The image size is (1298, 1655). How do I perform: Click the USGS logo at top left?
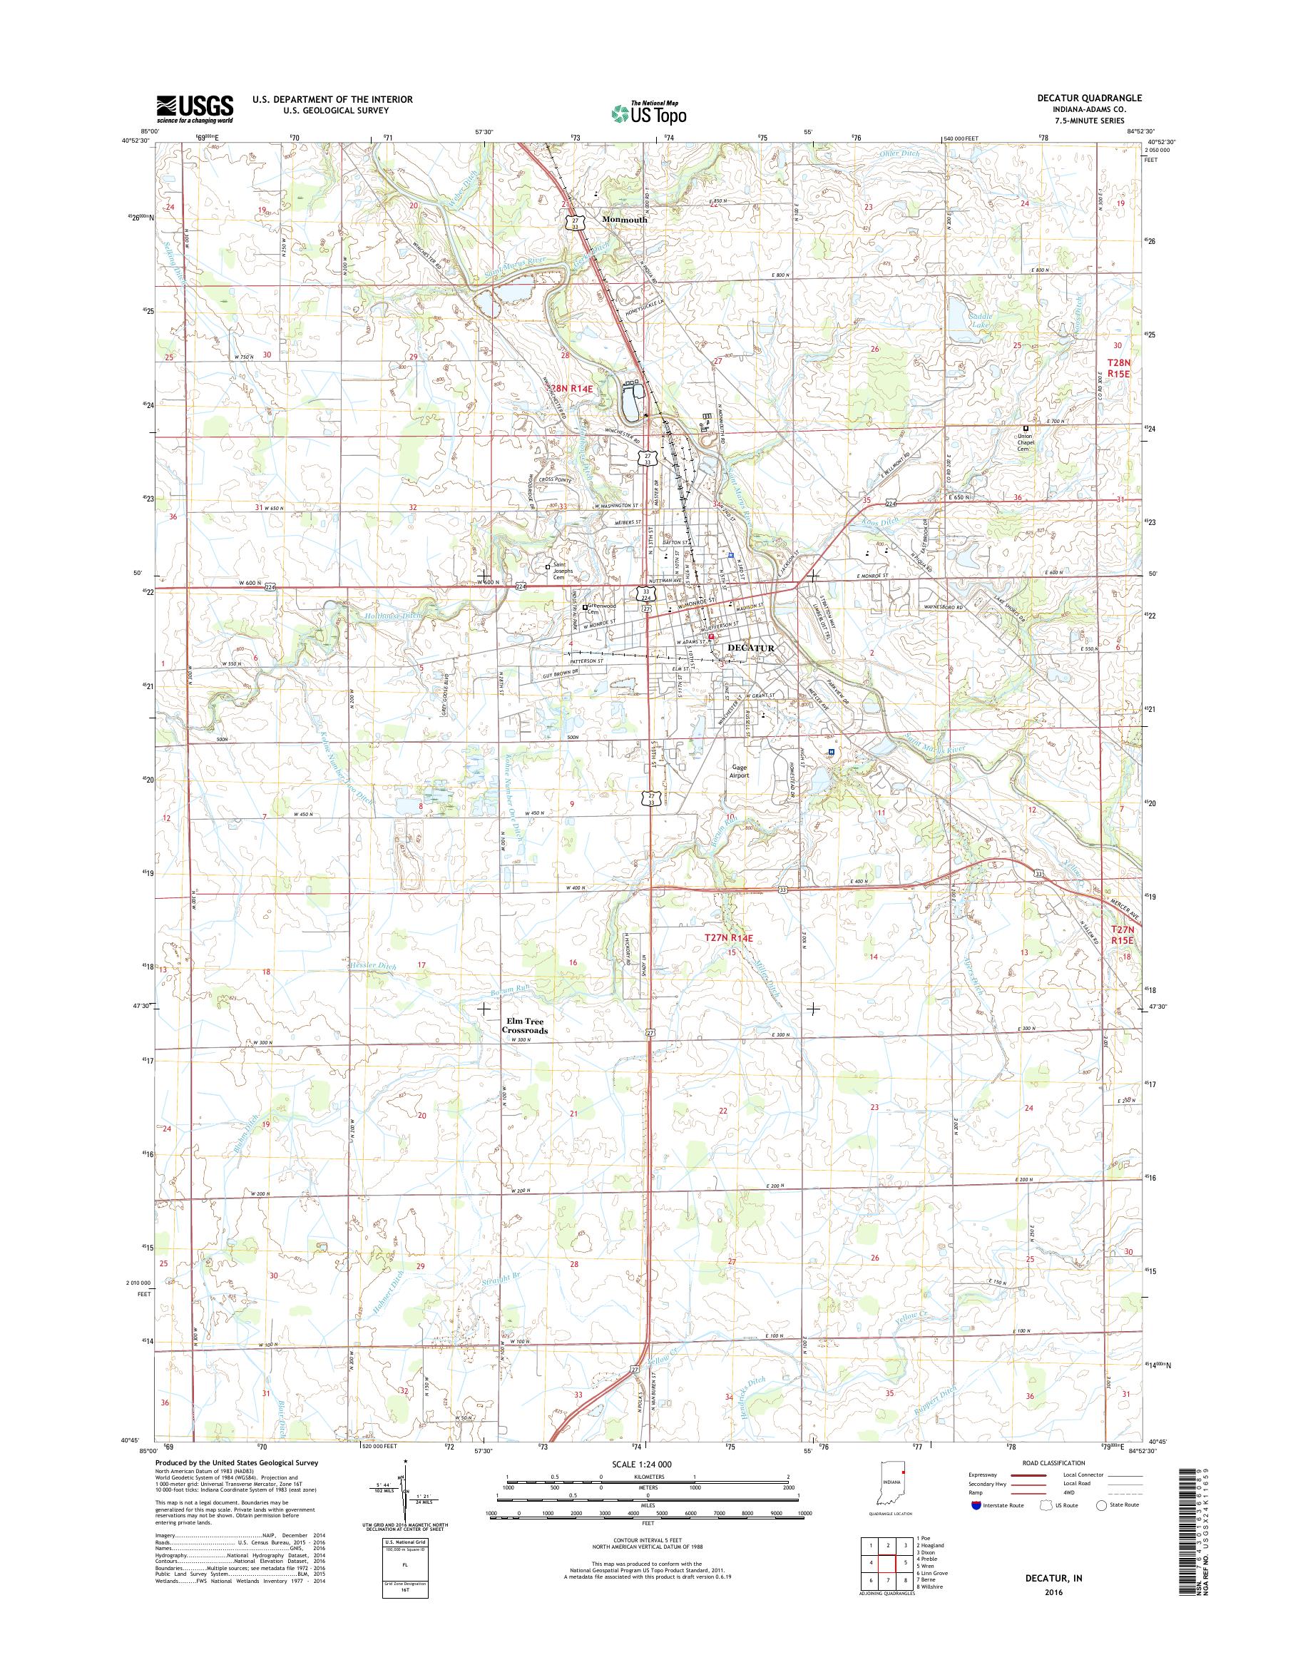195,108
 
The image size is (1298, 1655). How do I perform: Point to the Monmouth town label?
624,220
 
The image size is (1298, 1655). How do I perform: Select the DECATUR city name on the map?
751,648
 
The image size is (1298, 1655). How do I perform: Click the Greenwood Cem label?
601,610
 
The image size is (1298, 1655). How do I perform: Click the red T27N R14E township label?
730,939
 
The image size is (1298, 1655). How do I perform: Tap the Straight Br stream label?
498,1280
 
